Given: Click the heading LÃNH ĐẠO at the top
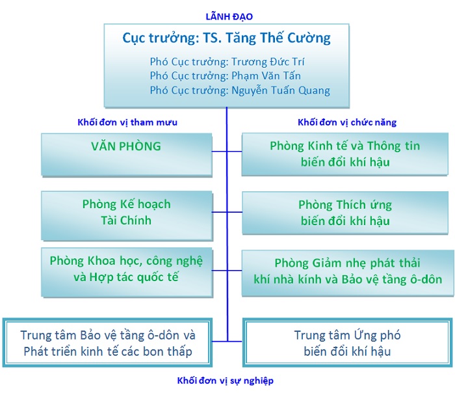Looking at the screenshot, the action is tap(229, 16).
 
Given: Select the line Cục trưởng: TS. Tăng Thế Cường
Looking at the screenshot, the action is tap(226, 38).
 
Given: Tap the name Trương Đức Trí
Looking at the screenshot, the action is tap(268, 62).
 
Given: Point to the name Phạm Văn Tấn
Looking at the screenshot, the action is tap(266, 75).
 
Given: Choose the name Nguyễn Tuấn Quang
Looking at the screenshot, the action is tap(281, 90).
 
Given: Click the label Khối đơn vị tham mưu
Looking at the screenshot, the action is tap(127, 122).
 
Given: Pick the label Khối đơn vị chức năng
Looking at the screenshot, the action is tap(347, 122).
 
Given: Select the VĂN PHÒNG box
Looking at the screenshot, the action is tap(127, 155).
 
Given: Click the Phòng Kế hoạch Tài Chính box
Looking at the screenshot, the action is tap(127, 215).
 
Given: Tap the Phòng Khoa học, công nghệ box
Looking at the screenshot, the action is tap(127, 272).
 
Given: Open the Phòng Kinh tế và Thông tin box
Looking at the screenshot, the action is tap(345, 154).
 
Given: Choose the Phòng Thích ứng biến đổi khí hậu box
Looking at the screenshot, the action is tap(345, 213).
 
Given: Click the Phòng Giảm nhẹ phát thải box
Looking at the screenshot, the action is tap(348, 273).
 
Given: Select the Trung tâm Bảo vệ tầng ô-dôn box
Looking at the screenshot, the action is tap(107, 342).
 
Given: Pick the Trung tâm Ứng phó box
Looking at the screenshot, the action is tap(347, 342).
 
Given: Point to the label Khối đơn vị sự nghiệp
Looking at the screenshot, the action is tap(226, 381).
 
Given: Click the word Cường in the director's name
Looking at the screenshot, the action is tap(313, 38).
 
